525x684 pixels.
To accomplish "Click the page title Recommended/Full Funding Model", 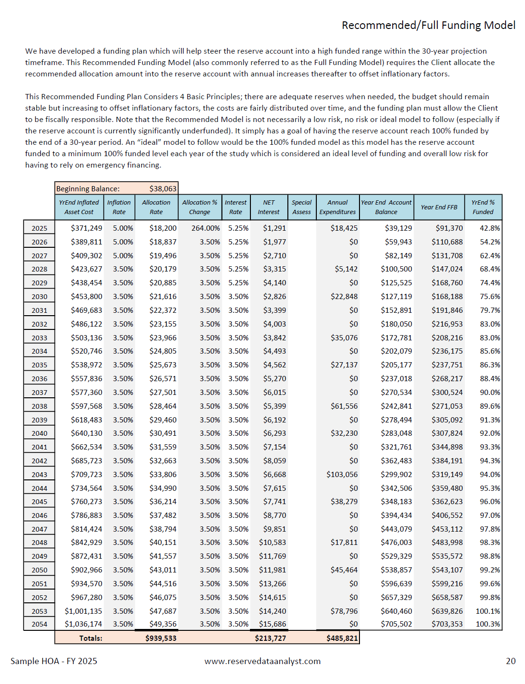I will pos(428,25).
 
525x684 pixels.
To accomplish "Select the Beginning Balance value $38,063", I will pos(163,189).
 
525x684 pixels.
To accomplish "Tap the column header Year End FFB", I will pos(439,207).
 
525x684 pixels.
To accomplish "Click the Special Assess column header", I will pos(302,207).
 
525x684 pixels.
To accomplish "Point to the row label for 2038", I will pos(39,406).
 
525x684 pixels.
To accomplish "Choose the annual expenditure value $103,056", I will pos(342,475).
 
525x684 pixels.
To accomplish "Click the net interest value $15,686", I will pos(272,624).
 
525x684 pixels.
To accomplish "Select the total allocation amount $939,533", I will pos(161,638).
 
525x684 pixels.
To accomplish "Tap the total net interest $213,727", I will pos(270,638).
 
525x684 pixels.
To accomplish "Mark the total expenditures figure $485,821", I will pos(342,638).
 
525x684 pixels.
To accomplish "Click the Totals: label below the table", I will pos(91,638).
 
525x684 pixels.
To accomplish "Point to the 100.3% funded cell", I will pos(488,624).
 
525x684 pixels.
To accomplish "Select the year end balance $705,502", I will pos(396,624).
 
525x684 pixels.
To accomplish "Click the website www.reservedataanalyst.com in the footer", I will pos(262,661).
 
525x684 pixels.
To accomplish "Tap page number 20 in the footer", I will pos(510,661).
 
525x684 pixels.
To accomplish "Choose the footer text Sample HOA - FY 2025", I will pos(54,661).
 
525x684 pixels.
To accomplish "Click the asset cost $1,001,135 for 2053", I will pos(83,611).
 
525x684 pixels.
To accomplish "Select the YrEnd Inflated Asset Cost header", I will pos(79,207).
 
